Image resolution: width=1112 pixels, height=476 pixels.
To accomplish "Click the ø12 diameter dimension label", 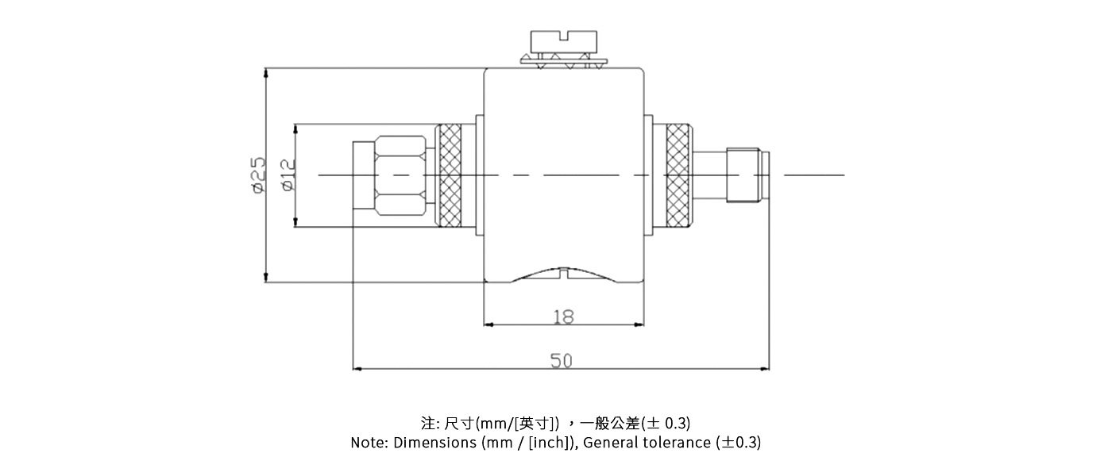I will pyautogui.click(x=288, y=175).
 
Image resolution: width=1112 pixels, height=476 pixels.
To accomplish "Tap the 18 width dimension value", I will pyautogui.click(x=563, y=317).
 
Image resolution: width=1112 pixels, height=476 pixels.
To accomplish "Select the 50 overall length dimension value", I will pyautogui.click(x=562, y=361).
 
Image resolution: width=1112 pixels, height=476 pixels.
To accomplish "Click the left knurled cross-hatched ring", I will pyautogui.click(x=450, y=175).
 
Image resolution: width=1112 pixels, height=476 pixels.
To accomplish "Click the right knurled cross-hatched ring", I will pyautogui.click(x=678, y=175).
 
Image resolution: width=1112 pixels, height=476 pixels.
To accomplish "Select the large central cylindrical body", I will pyautogui.click(x=563, y=159).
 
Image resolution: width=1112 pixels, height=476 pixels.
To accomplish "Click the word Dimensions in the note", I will pyautogui.click(x=435, y=443).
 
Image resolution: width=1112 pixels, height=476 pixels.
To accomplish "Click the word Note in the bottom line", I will pyautogui.click(x=368, y=443).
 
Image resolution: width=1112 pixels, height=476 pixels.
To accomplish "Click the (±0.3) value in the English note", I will pyautogui.click(x=739, y=443).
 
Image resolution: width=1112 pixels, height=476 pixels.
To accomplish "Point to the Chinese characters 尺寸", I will pyautogui.click(x=459, y=422).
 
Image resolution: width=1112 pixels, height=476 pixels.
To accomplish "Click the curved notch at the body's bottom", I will pyautogui.click(x=563, y=274).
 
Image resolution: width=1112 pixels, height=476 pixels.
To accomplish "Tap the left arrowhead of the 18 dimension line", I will pyautogui.click(x=488, y=324).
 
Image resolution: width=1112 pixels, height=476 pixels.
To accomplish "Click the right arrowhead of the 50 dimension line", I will pyautogui.click(x=766, y=369).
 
